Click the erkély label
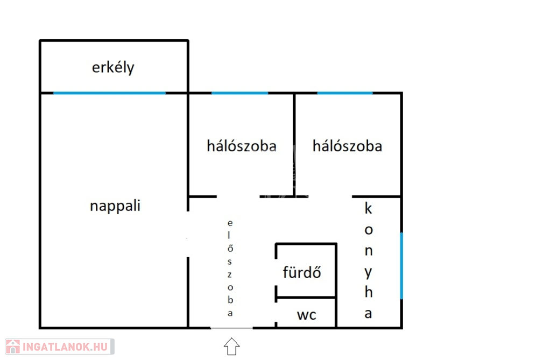pos(113,68)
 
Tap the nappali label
pos(115,206)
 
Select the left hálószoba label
pos(242,146)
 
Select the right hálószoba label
pos(347,146)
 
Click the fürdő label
pos(302,272)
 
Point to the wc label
pos(307,315)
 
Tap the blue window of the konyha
pos(401,265)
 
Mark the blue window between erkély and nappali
pos(109,93)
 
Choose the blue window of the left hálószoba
pos(239,93)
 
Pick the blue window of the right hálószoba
pos(344,93)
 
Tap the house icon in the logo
pos(13,347)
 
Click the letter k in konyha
pos(369,208)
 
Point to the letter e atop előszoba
pos(230,222)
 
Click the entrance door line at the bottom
pos(231,328)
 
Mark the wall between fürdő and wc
pos(306,297)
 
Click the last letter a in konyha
pos(369,314)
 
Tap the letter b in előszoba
pos(230,300)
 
